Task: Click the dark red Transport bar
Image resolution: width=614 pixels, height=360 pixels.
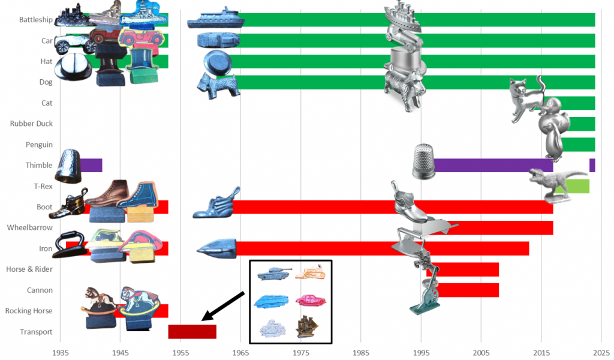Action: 192,331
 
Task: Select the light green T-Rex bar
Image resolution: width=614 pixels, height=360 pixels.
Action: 576,186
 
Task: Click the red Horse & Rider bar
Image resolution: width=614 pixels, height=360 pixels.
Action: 464,269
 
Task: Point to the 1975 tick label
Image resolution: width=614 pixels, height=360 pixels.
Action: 301,353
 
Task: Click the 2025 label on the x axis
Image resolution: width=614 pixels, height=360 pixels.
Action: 601,353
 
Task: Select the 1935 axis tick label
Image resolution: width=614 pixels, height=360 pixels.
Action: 61,353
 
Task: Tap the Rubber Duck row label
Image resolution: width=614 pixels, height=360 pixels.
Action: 31,124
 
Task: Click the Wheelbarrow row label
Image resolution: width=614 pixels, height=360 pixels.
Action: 30,227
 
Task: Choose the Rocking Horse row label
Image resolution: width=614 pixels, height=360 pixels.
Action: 29,311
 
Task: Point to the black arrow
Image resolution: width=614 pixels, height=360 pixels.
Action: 223,306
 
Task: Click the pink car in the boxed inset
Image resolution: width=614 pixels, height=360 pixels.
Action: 311,300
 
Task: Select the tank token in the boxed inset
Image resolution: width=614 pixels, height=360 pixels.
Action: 275,272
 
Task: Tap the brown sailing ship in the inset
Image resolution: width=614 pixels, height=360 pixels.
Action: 306,326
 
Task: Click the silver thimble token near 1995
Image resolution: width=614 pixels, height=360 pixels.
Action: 423,161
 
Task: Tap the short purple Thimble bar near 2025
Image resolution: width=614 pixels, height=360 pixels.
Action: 592,166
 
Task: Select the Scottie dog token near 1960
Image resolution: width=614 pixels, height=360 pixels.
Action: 218,86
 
